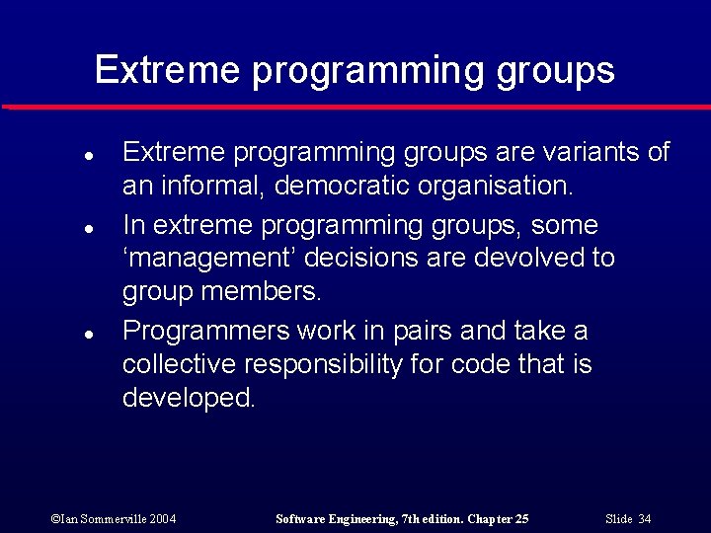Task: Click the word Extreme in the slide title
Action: (167, 70)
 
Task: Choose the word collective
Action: (177, 364)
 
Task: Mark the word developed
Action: (189, 398)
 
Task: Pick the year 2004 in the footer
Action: (163, 519)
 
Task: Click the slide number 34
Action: (644, 519)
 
